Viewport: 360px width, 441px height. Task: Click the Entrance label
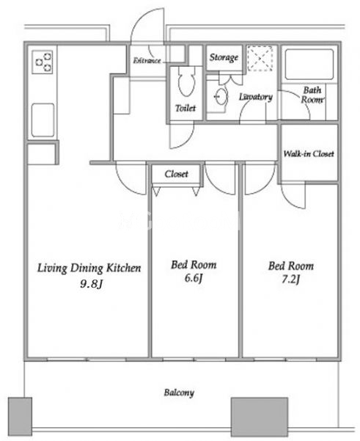click(147, 60)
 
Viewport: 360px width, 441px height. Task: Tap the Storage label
click(224, 58)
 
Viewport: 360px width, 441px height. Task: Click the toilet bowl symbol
click(187, 82)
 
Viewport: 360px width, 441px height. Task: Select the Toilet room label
click(185, 108)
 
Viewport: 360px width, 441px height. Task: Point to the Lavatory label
click(256, 97)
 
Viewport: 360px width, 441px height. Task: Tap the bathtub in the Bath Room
click(309, 65)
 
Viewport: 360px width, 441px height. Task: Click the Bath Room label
click(312, 95)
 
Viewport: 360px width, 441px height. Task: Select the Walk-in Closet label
click(309, 154)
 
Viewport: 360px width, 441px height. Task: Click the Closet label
click(176, 174)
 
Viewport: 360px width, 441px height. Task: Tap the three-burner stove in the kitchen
click(43, 62)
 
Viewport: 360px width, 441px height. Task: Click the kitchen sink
click(43, 120)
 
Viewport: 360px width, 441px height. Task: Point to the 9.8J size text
click(91, 284)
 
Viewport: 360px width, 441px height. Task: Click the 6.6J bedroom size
click(194, 278)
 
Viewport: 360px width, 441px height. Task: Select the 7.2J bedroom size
click(291, 280)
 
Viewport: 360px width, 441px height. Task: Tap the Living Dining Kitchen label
click(89, 268)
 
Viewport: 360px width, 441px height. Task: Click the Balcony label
click(179, 393)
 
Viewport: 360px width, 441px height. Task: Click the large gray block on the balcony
click(260, 417)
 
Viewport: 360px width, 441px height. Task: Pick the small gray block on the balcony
click(20, 416)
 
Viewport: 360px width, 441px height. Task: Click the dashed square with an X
click(260, 59)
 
